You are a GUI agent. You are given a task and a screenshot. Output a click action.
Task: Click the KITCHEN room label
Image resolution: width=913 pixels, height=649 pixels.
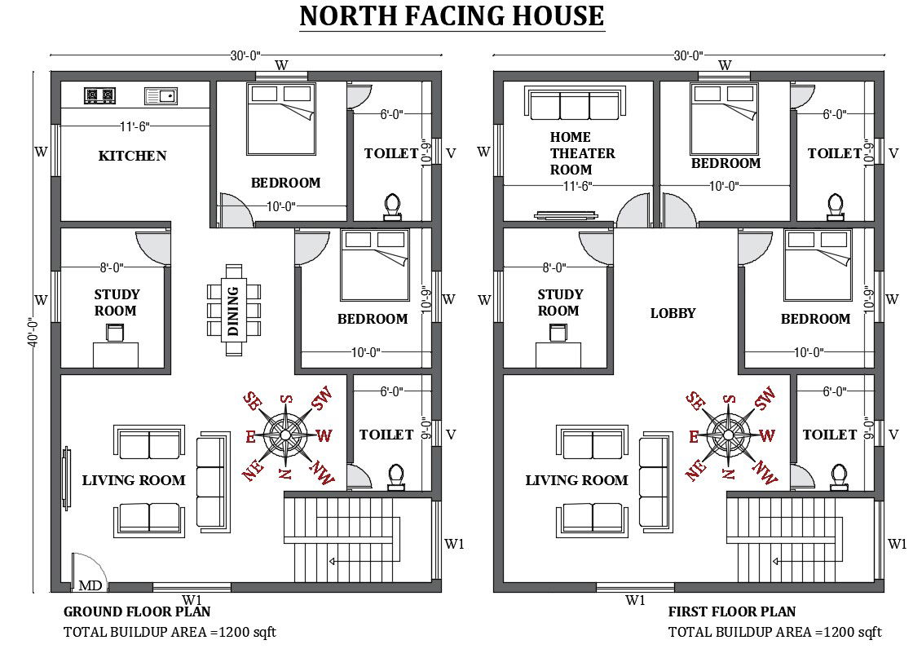pyautogui.click(x=132, y=156)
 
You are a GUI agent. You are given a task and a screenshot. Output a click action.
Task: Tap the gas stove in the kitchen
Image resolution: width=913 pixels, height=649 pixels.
pyautogui.click(x=99, y=95)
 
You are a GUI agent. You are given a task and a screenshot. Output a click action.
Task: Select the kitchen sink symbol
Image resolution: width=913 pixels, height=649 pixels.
pyautogui.click(x=161, y=96)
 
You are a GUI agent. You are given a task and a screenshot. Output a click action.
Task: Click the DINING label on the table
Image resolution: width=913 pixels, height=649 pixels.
pyautogui.click(x=233, y=311)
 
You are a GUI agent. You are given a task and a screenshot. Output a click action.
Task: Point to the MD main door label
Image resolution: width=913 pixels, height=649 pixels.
pyautogui.click(x=90, y=585)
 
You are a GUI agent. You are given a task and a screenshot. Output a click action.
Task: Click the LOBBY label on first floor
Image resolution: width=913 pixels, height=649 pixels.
pyautogui.click(x=673, y=313)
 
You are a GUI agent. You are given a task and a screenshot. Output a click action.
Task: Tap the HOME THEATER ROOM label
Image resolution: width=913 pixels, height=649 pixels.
pyautogui.click(x=582, y=153)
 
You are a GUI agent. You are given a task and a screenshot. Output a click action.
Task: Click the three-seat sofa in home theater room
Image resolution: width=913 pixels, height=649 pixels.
pyautogui.click(x=576, y=104)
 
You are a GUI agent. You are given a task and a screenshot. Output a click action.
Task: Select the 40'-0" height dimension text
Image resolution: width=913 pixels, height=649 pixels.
pyautogui.click(x=33, y=332)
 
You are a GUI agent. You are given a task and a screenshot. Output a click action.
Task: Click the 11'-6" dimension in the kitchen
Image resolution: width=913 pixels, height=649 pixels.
pyautogui.click(x=135, y=126)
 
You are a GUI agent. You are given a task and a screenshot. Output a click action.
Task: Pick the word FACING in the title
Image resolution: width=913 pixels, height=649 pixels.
pyautogui.click(x=452, y=15)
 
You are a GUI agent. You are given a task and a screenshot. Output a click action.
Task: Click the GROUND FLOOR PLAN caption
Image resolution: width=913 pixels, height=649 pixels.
pyautogui.click(x=137, y=611)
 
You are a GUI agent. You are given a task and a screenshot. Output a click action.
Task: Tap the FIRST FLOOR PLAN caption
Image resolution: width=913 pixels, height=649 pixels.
pyautogui.click(x=732, y=611)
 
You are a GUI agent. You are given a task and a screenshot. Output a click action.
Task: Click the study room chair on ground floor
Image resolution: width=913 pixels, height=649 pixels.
pyautogui.click(x=115, y=333)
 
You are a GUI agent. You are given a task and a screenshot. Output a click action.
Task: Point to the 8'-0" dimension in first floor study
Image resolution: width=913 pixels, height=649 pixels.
pyautogui.click(x=554, y=267)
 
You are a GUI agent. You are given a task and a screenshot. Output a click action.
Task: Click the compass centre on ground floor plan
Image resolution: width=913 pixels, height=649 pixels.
pyautogui.click(x=285, y=435)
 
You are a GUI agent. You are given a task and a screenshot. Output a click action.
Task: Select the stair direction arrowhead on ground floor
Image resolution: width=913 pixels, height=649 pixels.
pyautogui.click(x=332, y=562)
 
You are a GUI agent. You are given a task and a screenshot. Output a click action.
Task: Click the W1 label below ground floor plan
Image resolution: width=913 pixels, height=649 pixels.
pyautogui.click(x=192, y=600)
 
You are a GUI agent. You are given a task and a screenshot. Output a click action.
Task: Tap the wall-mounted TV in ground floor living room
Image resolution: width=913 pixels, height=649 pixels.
pyautogui.click(x=66, y=479)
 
